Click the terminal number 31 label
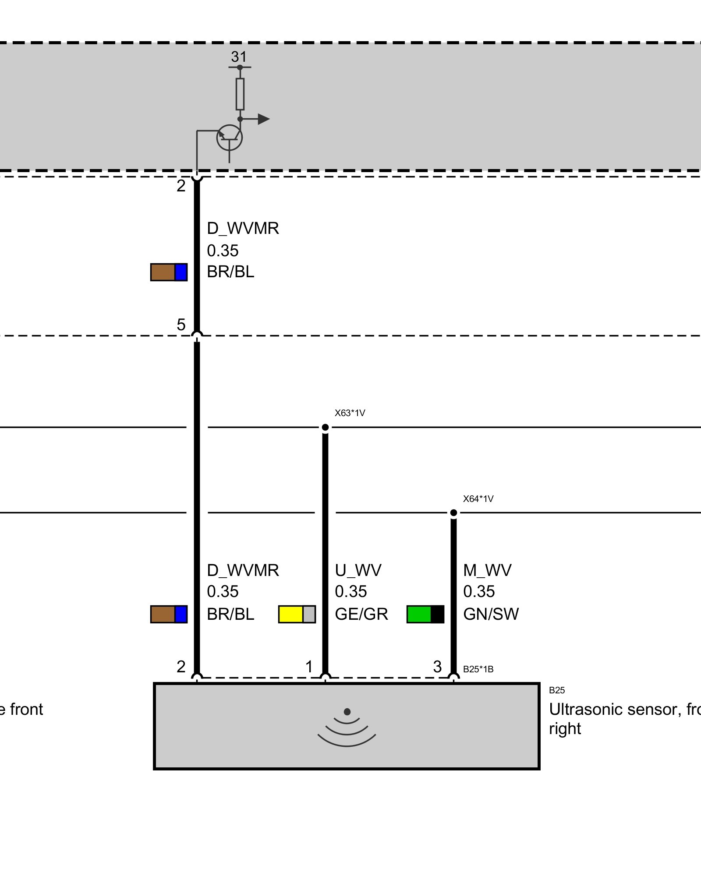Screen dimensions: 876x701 (239, 57)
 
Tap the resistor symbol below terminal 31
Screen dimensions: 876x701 (240, 94)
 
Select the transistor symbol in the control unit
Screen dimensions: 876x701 (229, 138)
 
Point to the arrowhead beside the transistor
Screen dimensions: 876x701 (263, 119)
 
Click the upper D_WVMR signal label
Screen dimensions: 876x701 (243, 228)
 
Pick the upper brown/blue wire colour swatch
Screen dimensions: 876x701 (169, 272)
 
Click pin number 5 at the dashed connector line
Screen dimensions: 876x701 (181, 325)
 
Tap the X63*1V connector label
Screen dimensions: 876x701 (350, 413)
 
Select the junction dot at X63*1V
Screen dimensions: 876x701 (325, 427)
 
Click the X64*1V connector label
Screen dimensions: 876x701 (478, 499)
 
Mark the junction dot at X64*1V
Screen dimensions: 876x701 (453, 512)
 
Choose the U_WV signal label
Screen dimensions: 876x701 (358, 570)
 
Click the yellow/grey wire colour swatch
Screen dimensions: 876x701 (297, 614)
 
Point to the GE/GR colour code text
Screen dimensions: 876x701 (361, 614)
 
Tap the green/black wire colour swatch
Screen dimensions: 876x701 (425, 614)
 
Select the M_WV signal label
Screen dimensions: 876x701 (487, 570)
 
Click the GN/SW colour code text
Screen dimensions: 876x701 (491, 614)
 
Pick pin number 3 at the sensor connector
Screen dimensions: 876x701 (437, 667)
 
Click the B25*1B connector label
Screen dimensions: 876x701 (478, 669)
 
